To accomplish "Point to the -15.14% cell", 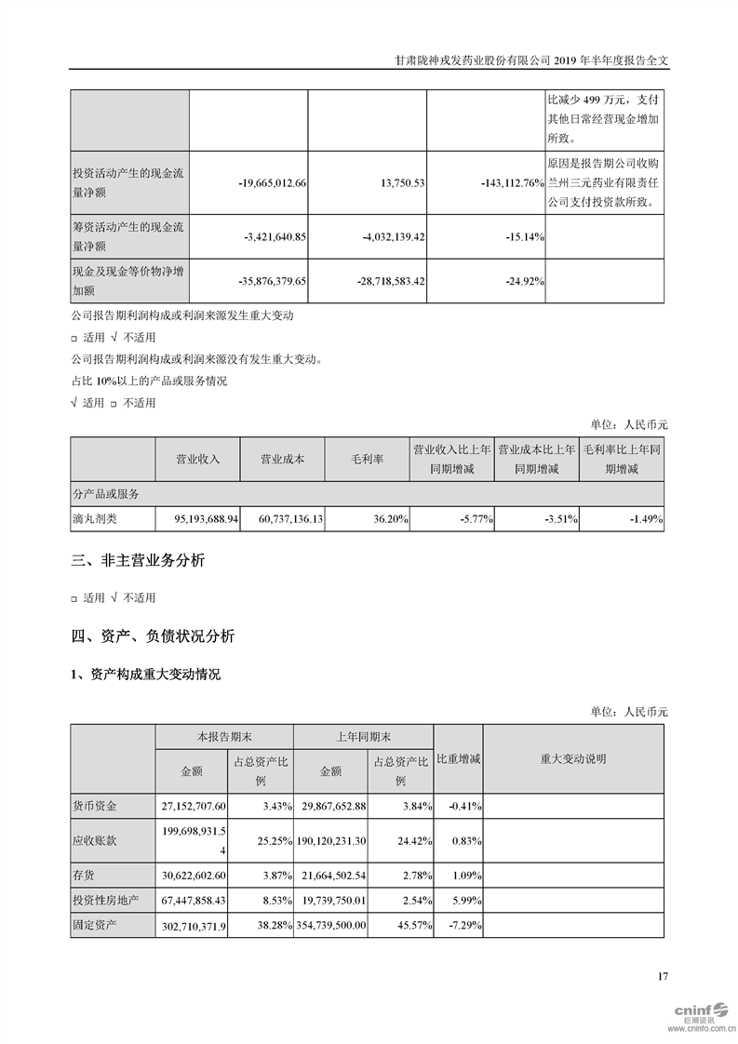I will (x=523, y=237).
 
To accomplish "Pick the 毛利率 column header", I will (x=367, y=460).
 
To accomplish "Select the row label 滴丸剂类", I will (x=95, y=518).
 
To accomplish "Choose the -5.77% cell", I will (x=474, y=518).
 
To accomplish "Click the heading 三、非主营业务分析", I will (x=138, y=560).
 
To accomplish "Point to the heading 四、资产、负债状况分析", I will (x=153, y=636).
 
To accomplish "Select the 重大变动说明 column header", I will (x=572, y=759).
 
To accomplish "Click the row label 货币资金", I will (x=95, y=805).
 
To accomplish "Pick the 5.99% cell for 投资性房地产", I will (x=463, y=901).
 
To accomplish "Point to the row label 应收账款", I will (x=95, y=840).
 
